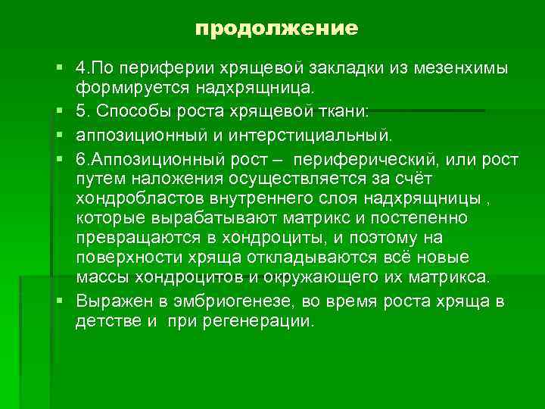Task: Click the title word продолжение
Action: [x=276, y=30]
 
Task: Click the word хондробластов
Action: [x=133, y=199]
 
